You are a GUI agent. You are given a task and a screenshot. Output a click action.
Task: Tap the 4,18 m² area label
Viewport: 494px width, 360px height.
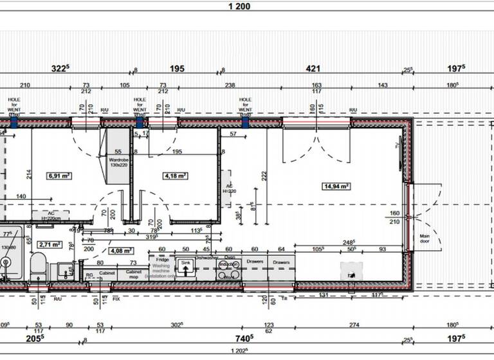tap(175, 175)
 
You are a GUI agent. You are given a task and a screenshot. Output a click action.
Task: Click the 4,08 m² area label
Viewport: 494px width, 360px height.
tap(120, 251)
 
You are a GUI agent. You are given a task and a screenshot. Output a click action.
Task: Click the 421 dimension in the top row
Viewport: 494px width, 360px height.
tap(313, 68)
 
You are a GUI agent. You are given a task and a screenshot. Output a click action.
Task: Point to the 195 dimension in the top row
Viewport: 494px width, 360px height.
tap(177, 68)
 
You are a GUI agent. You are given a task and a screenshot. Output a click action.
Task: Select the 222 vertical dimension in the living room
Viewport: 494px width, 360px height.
tap(264, 175)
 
